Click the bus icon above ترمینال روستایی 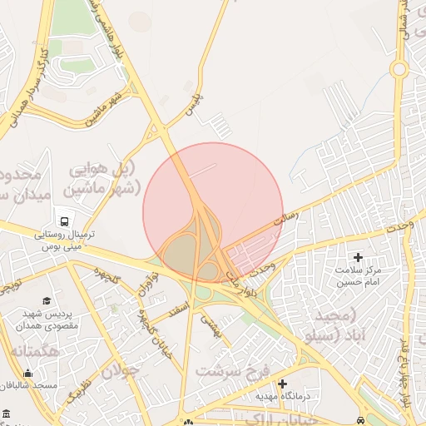[x=64, y=221]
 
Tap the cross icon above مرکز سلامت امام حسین [x=359, y=258]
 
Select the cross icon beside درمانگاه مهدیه [x=283, y=384]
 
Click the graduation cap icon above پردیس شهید [x=47, y=300]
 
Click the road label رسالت [x=285, y=219]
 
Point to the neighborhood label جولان [x=117, y=371]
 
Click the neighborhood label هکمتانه [x=34, y=351]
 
